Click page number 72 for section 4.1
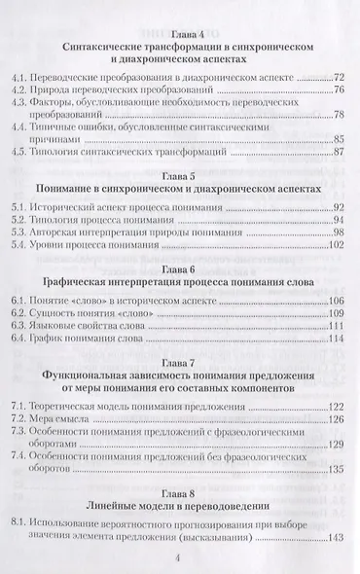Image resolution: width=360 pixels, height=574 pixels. tap(339, 75)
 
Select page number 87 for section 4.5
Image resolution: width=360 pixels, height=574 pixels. tap(339, 151)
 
